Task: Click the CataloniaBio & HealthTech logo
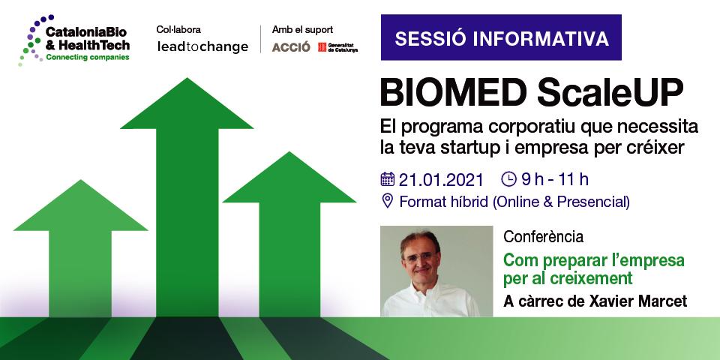pyautogui.click(x=74, y=40)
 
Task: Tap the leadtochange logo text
pyautogui.click(x=202, y=46)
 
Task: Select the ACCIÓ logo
pyautogui.click(x=291, y=46)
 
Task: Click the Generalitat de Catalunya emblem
pyautogui.click(x=322, y=47)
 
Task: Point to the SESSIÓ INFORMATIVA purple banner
pyautogui.click(x=501, y=37)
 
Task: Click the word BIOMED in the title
pyautogui.click(x=453, y=93)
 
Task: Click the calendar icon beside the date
pyautogui.click(x=388, y=179)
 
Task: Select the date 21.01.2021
pyautogui.click(x=441, y=179)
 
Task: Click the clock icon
pyautogui.click(x=508, y=179)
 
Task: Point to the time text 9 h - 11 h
pyautogui.click(x=555, y=179)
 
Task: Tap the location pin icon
pyautogui.click(x=388, y=201)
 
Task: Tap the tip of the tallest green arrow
pyautogui.click(x=187, y=78)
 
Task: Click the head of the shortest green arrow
pyautogui.click(x=81, y=205)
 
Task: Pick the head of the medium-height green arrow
pyautogui.click(x=289, y=177)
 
